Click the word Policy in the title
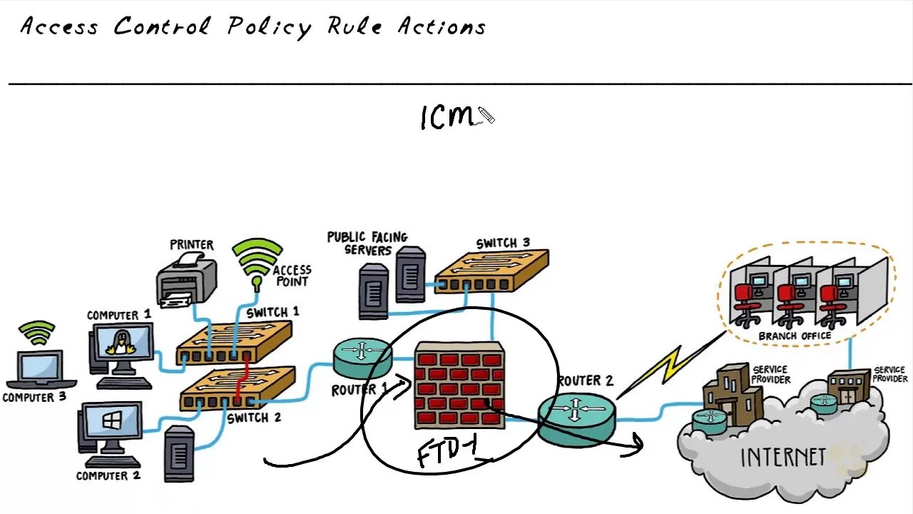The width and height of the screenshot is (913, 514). pos(270,27)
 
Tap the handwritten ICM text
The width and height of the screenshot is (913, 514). pos(447,118)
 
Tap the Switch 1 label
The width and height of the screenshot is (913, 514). pos(272,313)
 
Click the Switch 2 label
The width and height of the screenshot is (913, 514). pos(253,418)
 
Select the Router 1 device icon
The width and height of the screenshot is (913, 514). pos(362,358)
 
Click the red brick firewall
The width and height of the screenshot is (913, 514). pos(460,385)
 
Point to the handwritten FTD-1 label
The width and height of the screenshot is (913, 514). pos(447,453)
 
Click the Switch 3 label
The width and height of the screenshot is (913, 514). pos(503,243)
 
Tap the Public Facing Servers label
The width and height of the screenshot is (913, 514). pos(367,243)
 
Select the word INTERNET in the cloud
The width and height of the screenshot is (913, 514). pos(782,458)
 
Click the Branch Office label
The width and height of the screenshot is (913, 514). pos(795,336)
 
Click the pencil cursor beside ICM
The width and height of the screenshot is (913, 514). pos(486,116)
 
